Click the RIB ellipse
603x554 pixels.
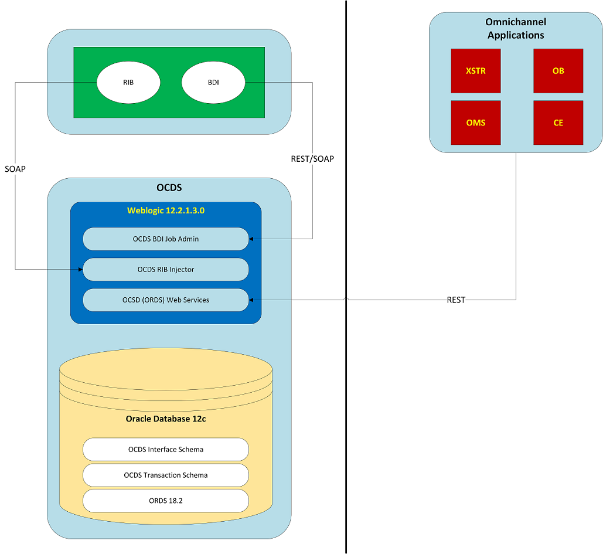(128, 83)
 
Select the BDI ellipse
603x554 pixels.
(213, 83)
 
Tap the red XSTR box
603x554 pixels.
(476, 71)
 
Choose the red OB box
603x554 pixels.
(558, 71)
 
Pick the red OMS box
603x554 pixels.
(476, 123)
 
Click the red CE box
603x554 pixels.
(558, 123)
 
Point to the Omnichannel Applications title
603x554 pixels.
(516, 29)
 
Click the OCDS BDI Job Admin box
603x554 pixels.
(166, 239)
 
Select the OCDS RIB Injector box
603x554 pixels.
(166, 269)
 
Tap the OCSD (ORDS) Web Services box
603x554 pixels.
(166, 300)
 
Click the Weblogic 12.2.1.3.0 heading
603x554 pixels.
(166, 210)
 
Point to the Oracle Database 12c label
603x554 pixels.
(166, 419)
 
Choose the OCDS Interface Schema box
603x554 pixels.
(166, 450)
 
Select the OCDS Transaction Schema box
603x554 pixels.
(166, 475)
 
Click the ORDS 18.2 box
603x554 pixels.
(166, 501)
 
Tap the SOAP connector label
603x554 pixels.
(15, 168)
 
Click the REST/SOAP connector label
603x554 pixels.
(312, 158)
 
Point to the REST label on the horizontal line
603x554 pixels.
(456, 300)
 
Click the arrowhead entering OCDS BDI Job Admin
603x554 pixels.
(251, 239)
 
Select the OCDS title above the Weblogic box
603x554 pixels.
(169, 189)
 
